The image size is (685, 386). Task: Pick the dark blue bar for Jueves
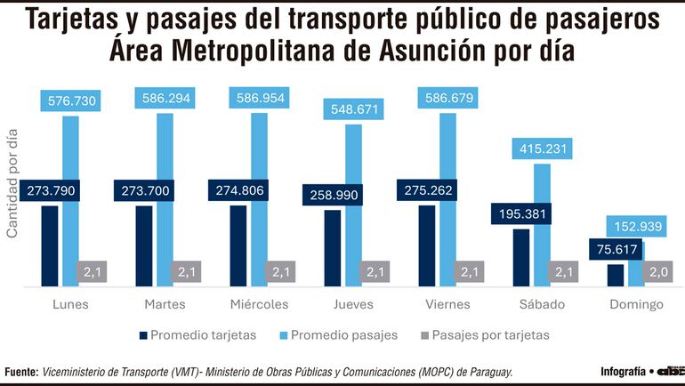point(332,248)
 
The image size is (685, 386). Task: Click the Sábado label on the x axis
point(543,305)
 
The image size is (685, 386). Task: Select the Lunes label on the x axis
point(70,305)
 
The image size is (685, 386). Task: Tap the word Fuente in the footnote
point(20,372)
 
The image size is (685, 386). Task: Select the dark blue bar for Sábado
point(521,258)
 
